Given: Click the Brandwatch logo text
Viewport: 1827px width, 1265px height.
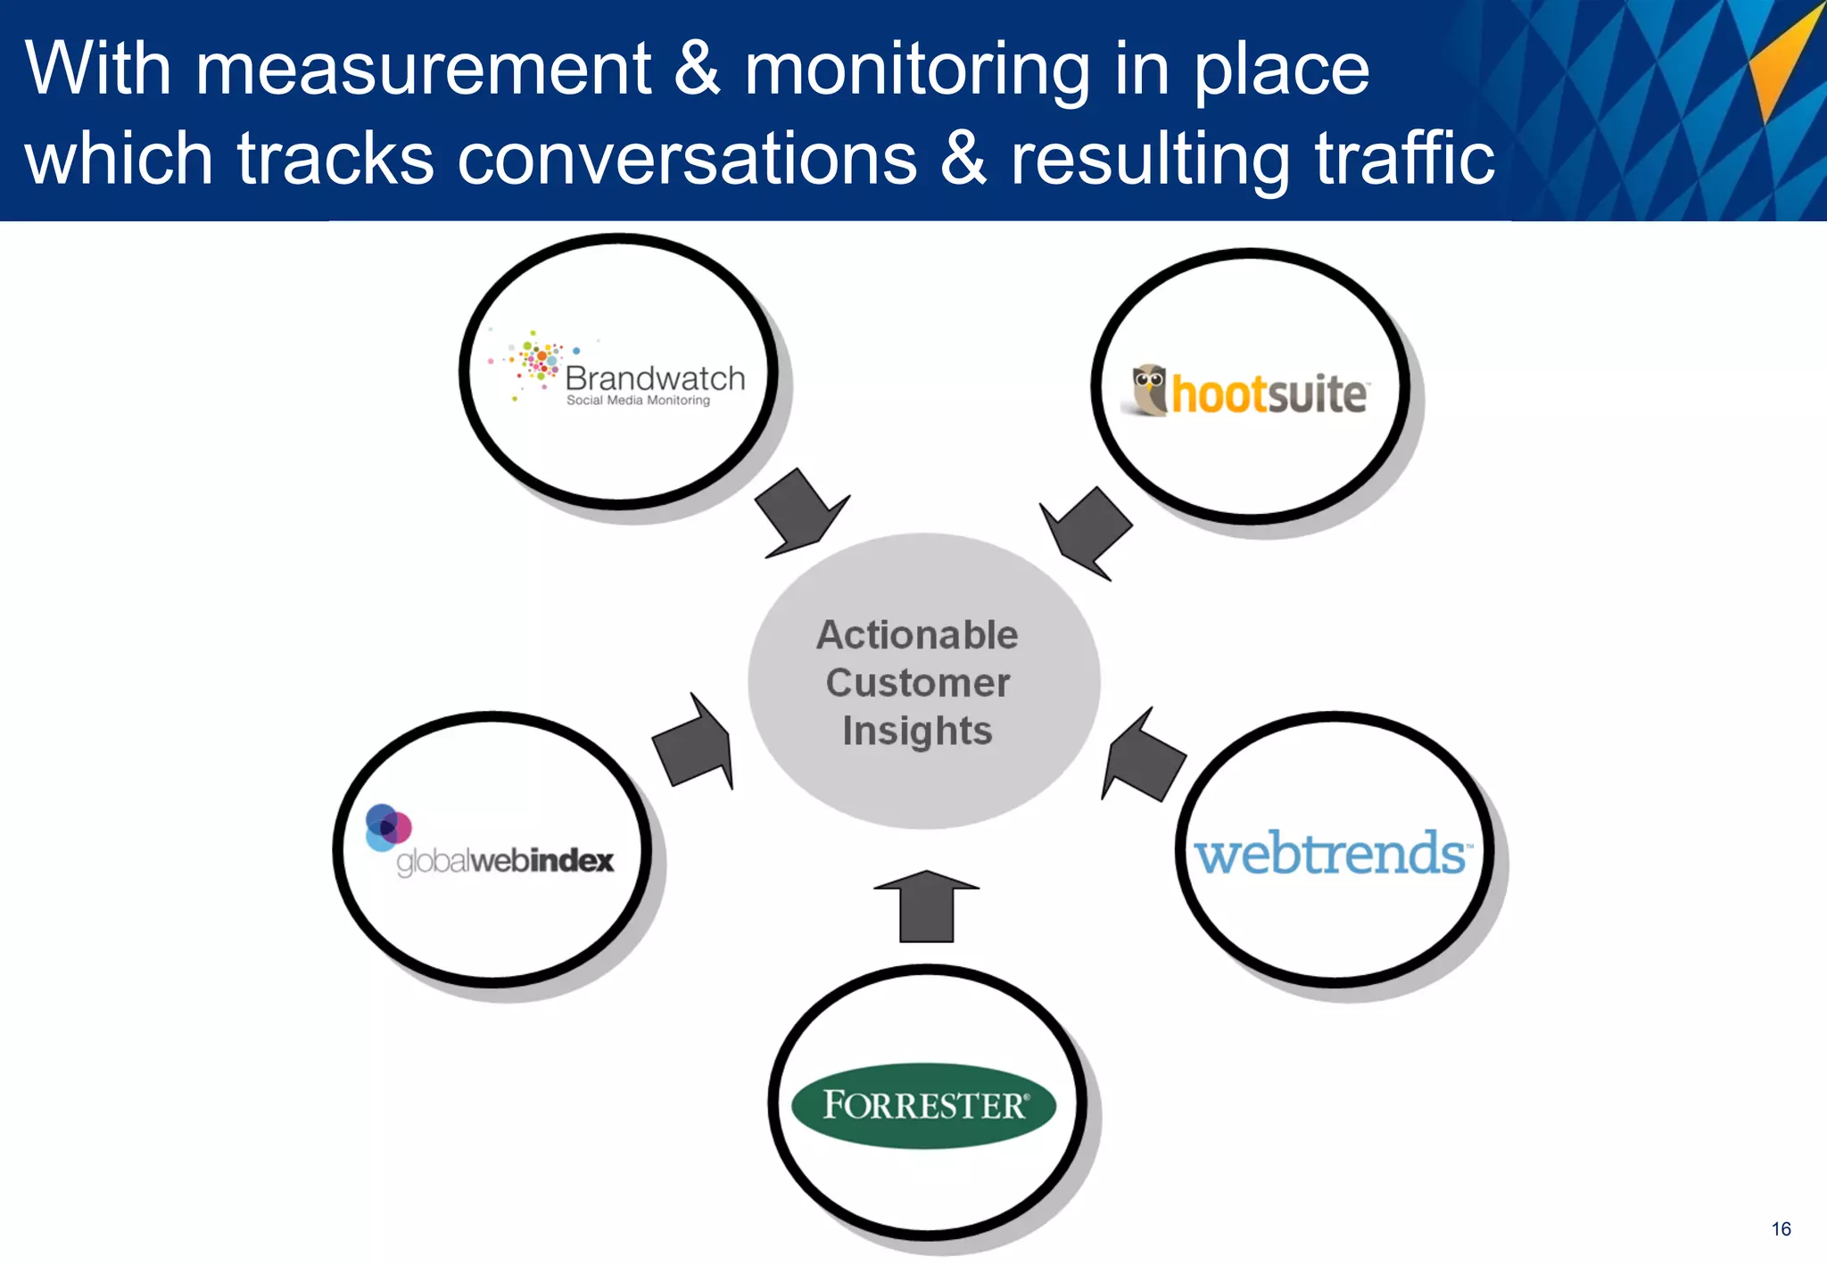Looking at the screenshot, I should [655, 378].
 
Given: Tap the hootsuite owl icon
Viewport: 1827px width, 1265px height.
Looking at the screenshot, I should [1150, 390].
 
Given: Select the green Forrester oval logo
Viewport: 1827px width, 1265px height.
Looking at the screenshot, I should [923, 1105].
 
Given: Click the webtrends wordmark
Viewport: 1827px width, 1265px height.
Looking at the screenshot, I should [1331, 854].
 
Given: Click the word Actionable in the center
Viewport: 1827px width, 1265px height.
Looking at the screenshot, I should [917, 635].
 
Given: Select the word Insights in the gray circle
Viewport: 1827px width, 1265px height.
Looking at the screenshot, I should [917, 731].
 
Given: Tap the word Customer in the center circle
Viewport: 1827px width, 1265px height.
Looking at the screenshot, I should [917, 683].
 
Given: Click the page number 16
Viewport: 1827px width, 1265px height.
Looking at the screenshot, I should [1781, 1229].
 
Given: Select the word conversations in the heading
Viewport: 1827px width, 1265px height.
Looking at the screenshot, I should [687, 159].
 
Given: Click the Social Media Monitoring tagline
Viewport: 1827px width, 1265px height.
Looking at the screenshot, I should [638, 401].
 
